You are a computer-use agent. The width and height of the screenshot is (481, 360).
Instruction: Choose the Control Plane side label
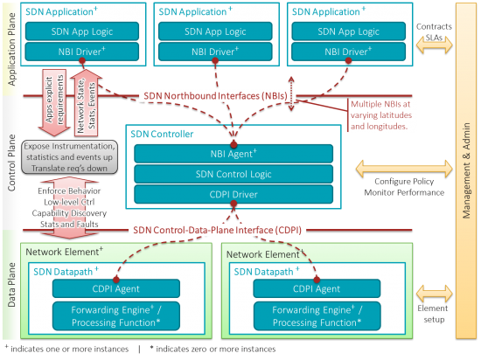(x=12, y=168)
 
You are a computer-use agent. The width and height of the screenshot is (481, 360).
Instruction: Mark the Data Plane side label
(x=12, y=288)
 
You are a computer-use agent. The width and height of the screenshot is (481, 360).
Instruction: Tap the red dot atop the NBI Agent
(x=233, y=143)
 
